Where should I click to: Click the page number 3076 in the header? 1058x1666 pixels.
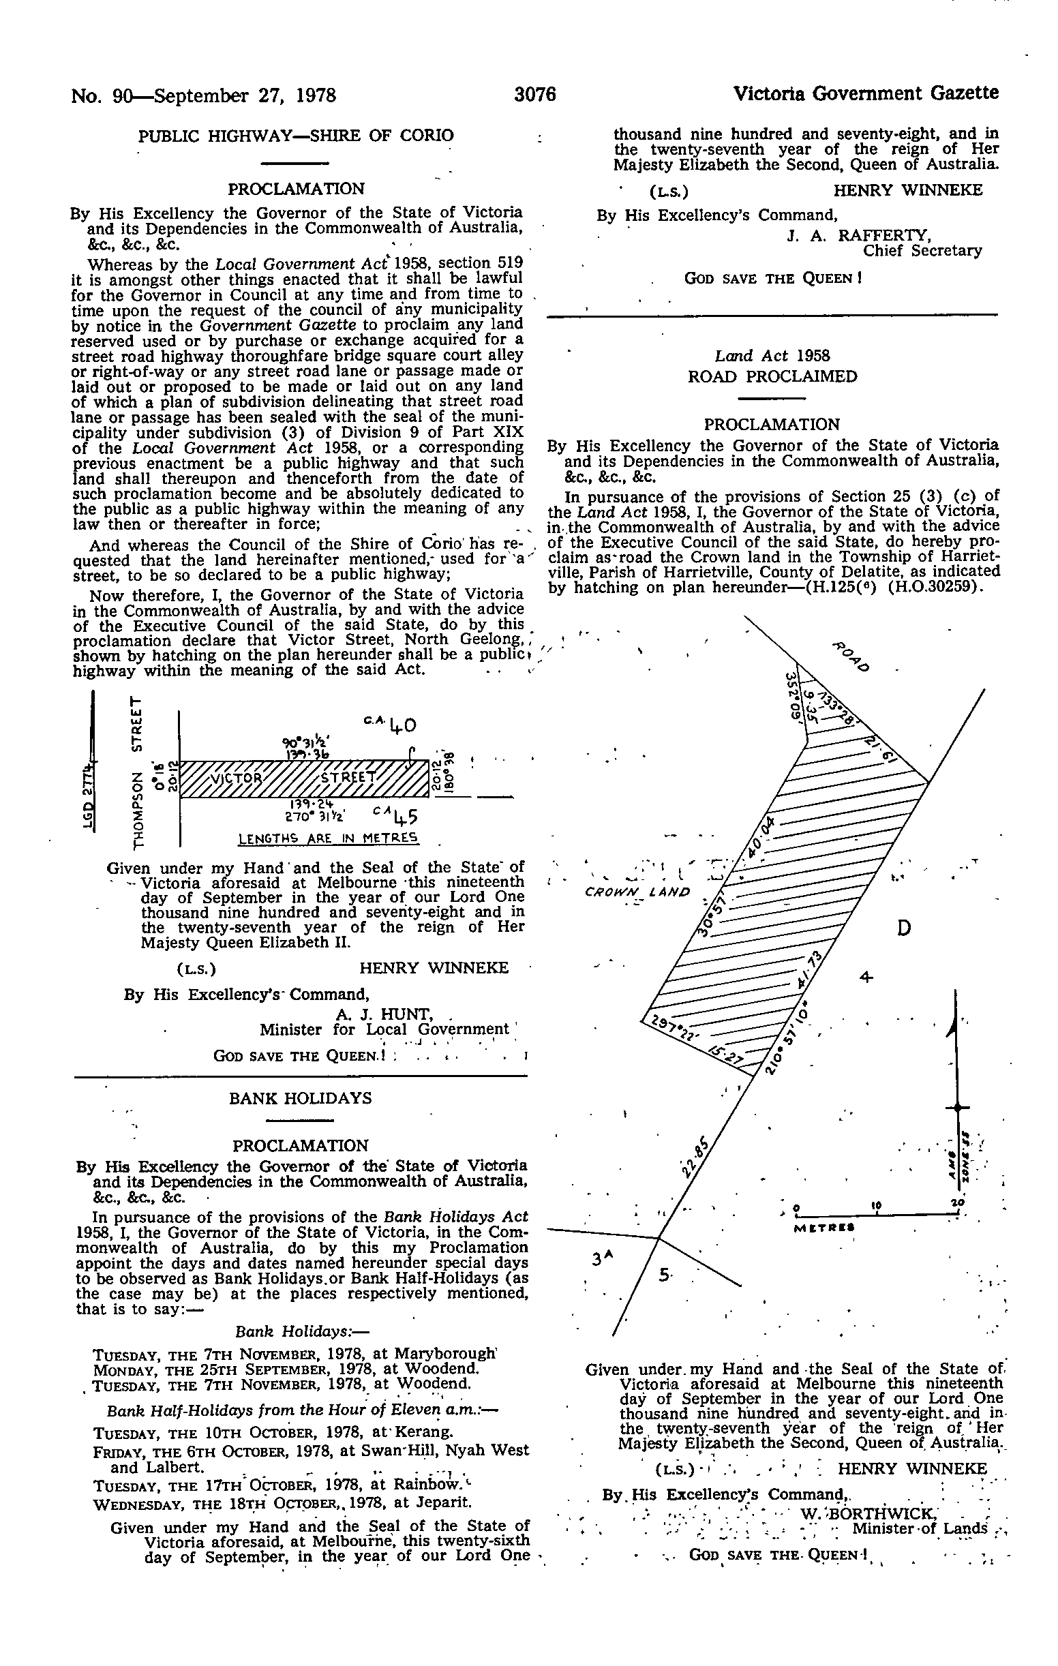(x=535, y=94)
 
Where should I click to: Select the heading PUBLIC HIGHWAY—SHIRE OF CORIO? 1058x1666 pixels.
(x=296, y=135)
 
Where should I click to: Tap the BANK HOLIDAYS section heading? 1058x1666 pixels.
(x=301, y=1098)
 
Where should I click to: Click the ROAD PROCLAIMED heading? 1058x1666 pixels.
(x=772, y=376)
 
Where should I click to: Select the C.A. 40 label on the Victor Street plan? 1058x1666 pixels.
(x=392, y=724)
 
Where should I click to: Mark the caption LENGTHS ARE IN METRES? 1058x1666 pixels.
(x=329, y=838)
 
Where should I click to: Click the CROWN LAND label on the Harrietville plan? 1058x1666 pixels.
(x=637, y=892)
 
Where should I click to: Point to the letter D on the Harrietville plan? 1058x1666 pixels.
(x=903, y=928)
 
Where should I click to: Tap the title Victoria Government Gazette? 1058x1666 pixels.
(x=866, y=93)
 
